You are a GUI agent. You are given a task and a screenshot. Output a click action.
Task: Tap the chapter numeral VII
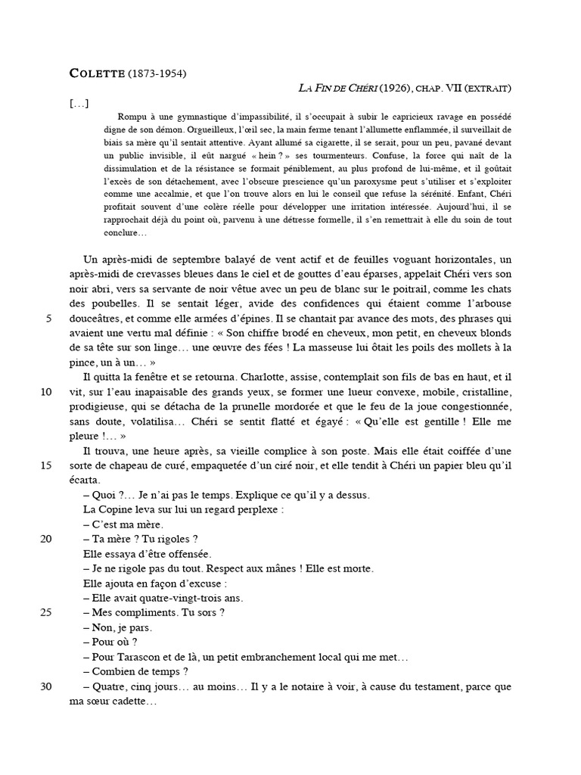tap(453, 89)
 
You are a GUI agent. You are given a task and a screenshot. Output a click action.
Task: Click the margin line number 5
tap(49, 319)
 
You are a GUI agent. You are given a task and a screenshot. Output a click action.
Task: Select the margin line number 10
tap(46, 392)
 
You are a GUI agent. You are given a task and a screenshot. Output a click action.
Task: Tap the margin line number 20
tap(46, 538)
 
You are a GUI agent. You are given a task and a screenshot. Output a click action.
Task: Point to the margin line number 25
tap(46, 612)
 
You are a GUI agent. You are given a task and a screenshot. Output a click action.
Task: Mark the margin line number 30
tap(46, 686)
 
